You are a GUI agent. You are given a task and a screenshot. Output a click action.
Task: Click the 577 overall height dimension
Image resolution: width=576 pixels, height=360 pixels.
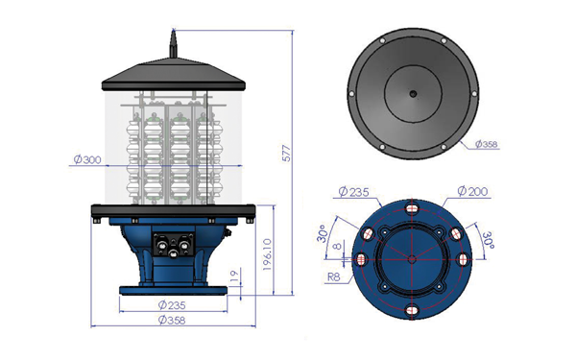[x=286, y=154]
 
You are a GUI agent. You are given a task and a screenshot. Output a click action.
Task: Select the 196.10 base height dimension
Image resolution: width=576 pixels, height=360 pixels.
[x=268, y=254]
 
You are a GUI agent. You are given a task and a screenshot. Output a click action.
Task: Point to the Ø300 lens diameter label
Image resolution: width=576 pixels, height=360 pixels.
[x=87, y=159]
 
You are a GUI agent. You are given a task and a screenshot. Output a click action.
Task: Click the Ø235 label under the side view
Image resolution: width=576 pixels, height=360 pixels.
[x=172, y=305]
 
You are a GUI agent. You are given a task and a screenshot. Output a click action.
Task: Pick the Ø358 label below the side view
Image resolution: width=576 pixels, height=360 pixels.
[x=172, y=321]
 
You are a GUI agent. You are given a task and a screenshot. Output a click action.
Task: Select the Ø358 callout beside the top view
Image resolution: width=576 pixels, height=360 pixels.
[x=487, y=144]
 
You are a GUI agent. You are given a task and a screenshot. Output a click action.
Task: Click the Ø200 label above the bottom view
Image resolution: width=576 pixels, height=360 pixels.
[x=472, y=191]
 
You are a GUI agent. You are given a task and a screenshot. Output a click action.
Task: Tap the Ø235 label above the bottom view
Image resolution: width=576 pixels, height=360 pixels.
[x=353, y=192]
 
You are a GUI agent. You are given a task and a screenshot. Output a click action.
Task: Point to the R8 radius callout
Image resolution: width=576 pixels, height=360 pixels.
[x=333, y=276]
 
